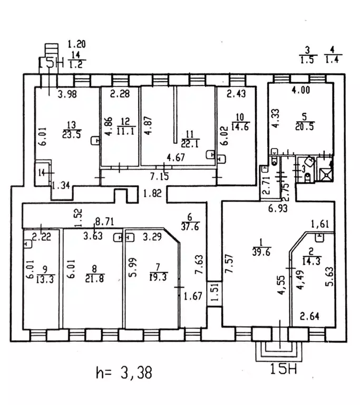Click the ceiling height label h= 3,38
(x=124, y=373)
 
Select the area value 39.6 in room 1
(x=258, y=251)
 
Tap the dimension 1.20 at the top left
(x=77, y=44)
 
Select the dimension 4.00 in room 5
(x=301, y=90)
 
